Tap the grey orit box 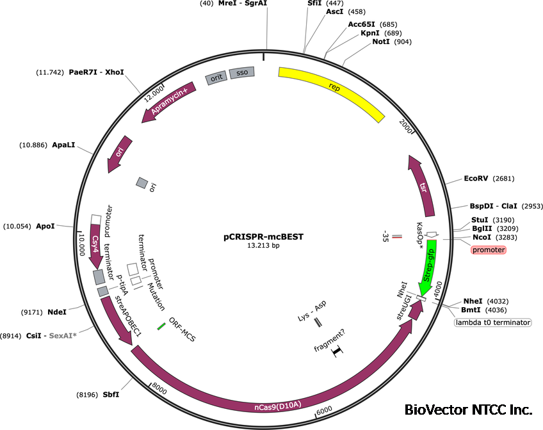216,77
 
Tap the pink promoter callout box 489,250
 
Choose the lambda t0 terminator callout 493,322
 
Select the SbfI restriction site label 111,394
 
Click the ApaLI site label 64,145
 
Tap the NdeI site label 57,312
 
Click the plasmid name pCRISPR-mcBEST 263,236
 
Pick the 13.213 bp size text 263,245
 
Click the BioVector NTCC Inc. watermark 469,410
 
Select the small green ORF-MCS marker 161,326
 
